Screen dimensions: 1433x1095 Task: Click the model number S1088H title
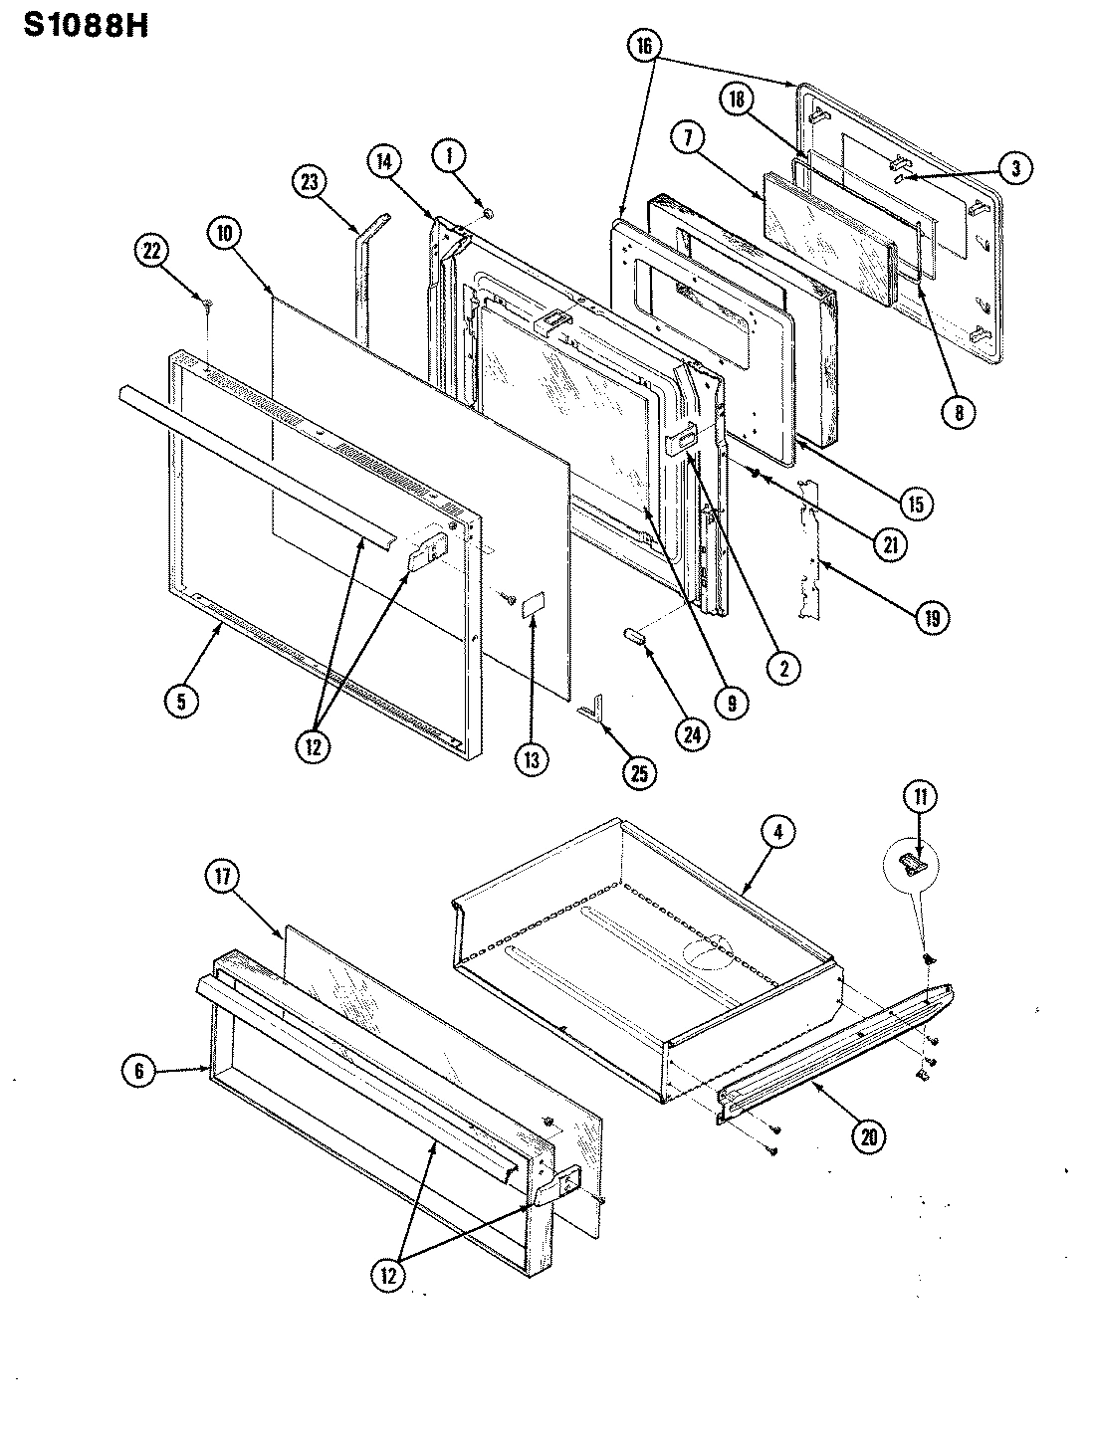point(85,25)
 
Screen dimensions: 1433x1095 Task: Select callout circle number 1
point(449,155)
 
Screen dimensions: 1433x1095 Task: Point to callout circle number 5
point(181,701)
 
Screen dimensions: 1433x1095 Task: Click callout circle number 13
point(532,760)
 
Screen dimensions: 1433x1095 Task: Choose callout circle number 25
point(638,772)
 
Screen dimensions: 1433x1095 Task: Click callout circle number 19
point(930,617)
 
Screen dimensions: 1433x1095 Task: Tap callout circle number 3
point(1014,168)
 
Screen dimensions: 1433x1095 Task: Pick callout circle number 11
point(920,795)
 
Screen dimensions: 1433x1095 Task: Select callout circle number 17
point(221,877)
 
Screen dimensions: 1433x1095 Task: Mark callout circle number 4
point(778,832)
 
